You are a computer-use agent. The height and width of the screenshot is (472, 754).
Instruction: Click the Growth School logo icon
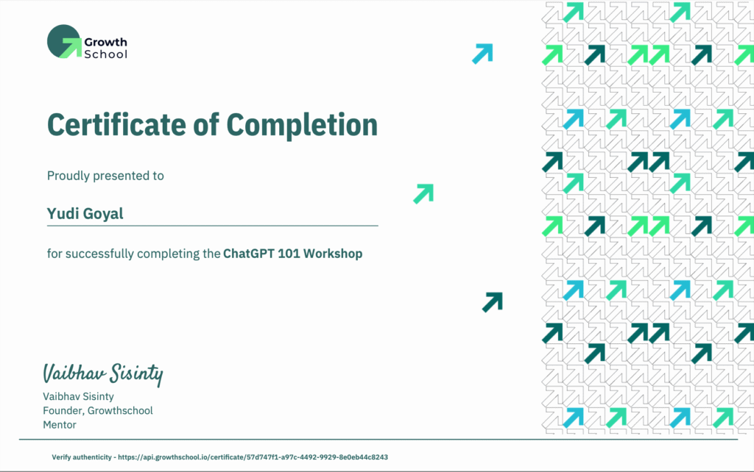[x=65, y=41]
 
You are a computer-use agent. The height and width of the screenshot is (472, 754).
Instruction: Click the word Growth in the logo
[x=106, y=42]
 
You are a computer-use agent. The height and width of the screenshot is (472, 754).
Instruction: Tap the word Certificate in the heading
[x=117, y=125]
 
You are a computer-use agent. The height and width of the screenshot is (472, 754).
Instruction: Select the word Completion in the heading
[x=302, y=126]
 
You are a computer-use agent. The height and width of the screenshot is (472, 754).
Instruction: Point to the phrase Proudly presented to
[x=105, y=176]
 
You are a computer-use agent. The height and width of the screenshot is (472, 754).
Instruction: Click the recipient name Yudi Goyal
[x=85, y=213]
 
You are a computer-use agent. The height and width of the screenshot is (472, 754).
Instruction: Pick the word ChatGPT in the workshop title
[x=248, y=253]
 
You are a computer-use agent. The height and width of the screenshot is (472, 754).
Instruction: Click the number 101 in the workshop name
[x=289, y=253]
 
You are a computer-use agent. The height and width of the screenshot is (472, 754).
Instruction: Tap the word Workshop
[x=333, y=253]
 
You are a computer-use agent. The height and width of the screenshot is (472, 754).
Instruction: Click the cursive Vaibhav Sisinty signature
[x=103, y=374]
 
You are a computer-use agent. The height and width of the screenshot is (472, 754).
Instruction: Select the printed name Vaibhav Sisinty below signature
[x=78, y=396]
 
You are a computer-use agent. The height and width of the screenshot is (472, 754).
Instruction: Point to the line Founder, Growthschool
[x=98, y=410]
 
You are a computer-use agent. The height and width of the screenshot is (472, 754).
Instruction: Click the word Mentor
[x=60, y=424]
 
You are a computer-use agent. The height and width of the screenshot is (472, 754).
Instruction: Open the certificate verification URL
[x=253, y=457]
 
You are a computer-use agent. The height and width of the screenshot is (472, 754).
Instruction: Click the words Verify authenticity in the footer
[x=82, y=457]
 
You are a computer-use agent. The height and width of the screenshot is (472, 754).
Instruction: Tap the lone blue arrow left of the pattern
[x=483, y=54]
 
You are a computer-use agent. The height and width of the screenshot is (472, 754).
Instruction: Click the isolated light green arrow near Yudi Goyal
[x=423, y=193]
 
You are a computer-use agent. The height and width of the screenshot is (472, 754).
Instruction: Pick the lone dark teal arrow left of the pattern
[x=493, y=302]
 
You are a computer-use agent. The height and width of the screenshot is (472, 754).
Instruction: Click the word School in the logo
[x=106, y=54]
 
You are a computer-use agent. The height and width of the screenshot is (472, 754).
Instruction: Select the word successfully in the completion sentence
[x=99, y=254]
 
